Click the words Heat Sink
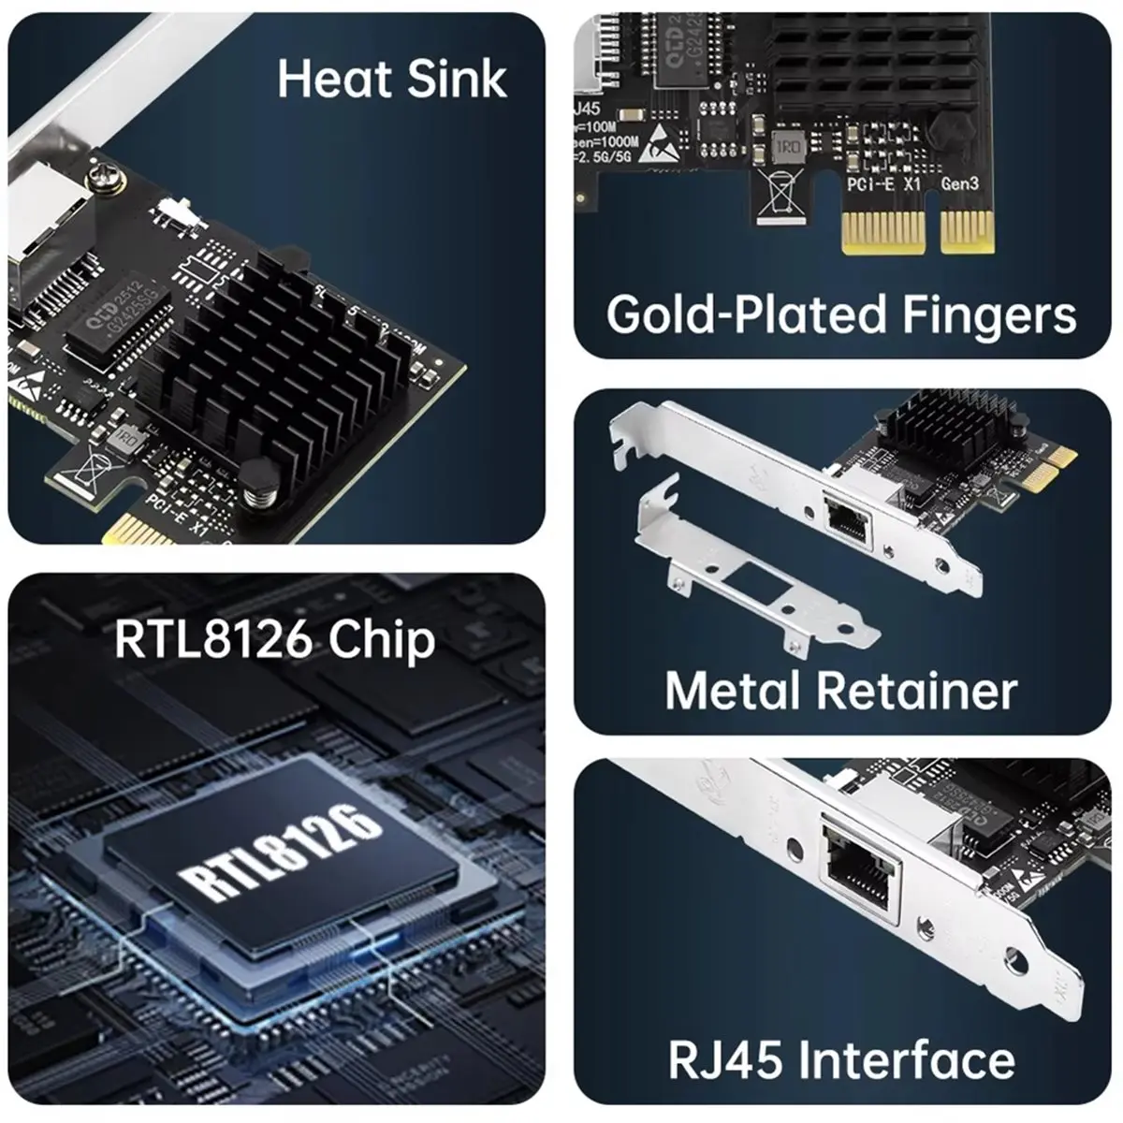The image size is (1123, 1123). (392, 79)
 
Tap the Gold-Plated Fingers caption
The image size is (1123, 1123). (840, 314)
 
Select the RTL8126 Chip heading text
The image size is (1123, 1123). (274, 640)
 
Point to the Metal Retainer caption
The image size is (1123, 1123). (840, 691)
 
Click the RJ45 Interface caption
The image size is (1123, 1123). (840, 1059)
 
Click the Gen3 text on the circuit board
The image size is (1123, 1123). (959, 184)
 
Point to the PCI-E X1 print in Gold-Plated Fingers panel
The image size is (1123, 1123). (883, 184)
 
